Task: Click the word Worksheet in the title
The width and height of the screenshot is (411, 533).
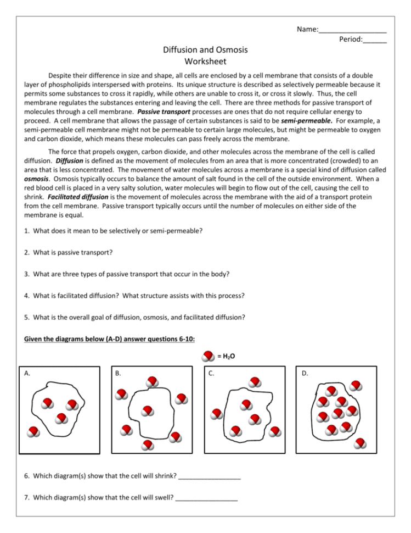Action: (x=205, y=62)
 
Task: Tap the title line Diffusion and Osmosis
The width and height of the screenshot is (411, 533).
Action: (x=205, y=50)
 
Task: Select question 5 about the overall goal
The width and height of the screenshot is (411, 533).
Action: (x=135, y=317)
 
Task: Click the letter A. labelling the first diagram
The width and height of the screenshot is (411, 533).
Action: (x=27, y=373)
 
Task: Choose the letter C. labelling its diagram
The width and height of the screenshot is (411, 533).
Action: (x=211, y=373)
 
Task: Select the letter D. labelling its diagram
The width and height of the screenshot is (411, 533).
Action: (x=305, y=373)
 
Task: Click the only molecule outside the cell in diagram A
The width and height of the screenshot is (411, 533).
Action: (x=34, y=432)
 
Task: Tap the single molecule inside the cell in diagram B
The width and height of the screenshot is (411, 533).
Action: (x=147, y=411)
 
